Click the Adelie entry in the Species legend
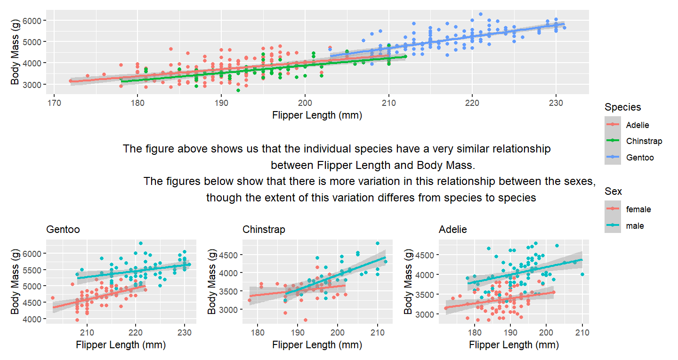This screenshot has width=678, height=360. click(x=637, y=125)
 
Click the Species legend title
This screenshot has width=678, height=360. click(x=622, y=107)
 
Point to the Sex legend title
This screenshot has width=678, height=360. click(x=613, y=192)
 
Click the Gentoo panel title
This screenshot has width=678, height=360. click(x=63, y=230)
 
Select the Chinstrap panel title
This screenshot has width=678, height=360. click(x=264, y=230)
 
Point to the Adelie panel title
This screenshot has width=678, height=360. click(x=452, y=230)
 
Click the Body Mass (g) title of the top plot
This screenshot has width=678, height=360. click(x=15, y=52)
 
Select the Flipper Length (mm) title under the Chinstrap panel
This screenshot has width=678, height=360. click(x=317, y=345)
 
